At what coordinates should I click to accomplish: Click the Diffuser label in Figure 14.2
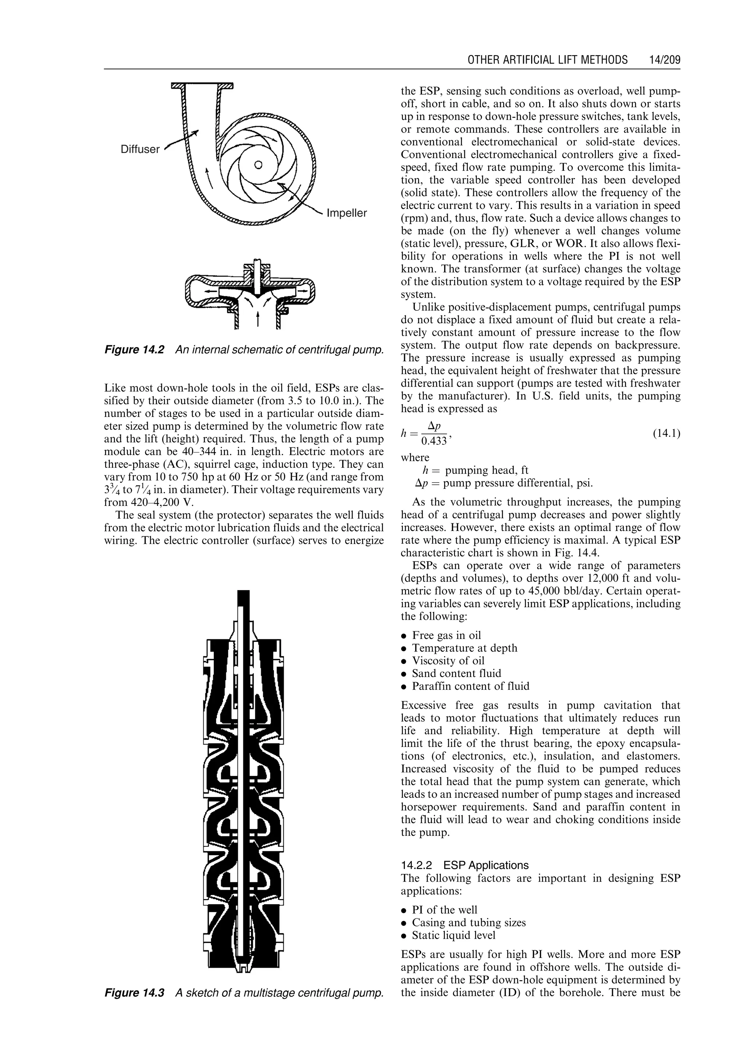click(140, 149)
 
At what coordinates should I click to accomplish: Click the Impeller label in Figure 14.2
click(346, 213)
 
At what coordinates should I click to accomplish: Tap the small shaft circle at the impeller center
click(258, 165)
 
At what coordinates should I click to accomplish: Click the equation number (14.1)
click(666, 433)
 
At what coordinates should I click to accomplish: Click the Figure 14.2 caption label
click(134, 350)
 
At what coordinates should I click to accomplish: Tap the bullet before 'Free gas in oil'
click(404, 636)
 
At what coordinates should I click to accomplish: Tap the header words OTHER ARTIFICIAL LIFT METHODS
click(547, 60)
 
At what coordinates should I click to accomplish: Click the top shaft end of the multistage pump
click(244, 596)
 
